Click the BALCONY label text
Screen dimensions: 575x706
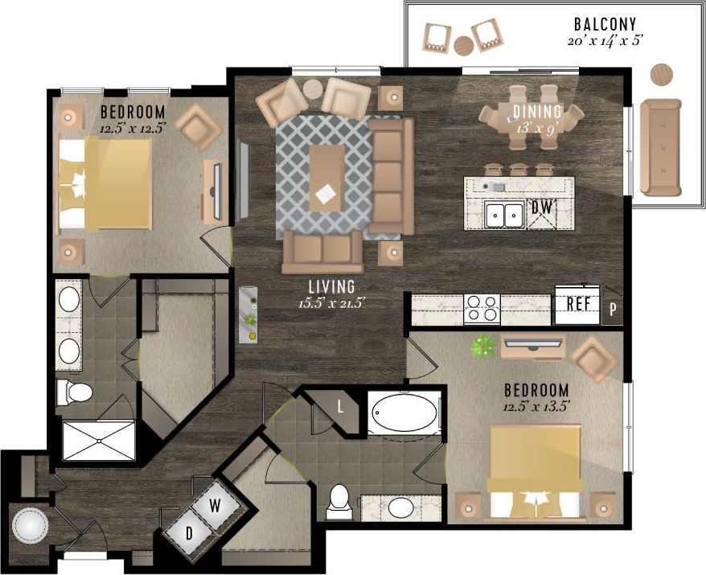tap(605, 24)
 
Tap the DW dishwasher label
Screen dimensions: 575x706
tap(542, 208)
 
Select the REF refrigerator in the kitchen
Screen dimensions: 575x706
tap(577, 304)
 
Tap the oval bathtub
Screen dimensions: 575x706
tap(404, 413)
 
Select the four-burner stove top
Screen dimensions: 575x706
tap(482, 309)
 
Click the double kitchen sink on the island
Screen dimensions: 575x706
tap(504, 215)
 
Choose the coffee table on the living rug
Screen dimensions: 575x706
tap(327, 178)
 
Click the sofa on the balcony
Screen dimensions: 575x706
tap(660, 147)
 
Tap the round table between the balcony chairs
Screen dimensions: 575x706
tap(464, 46)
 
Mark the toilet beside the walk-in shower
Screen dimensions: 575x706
tap(75, 393)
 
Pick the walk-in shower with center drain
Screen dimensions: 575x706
tap(97, 440)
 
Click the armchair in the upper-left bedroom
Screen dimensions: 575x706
tap(198, 127)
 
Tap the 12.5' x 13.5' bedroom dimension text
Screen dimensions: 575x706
tap(536, 407)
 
